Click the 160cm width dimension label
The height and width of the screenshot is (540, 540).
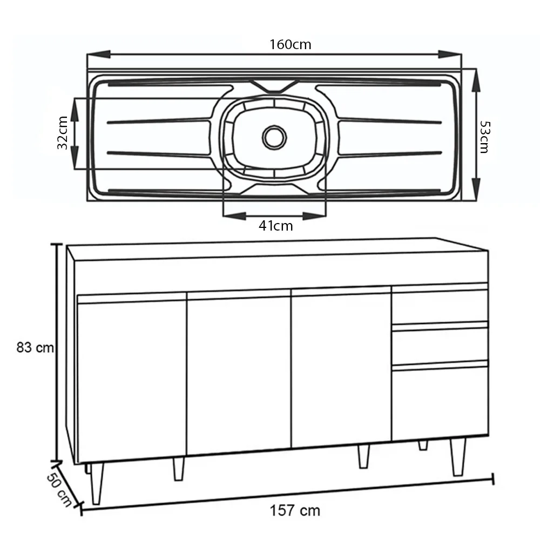pyautogui.click(x=291, y=44)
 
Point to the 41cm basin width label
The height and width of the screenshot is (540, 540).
pyautogui.click(x=275, y=226)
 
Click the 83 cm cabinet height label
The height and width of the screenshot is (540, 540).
pyautogui.click(x=35, y=348)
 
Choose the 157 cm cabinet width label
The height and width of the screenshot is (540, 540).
pyautogui.click(x=295, y=510)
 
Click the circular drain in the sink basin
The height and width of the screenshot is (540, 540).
pyautogui.click(x=274, y=137)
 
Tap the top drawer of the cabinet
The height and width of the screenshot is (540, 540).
pyautogui.click(x=440, y=306)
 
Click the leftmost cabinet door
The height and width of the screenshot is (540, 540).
pyautogui.click(x=132, y=381)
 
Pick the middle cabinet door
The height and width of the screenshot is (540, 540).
pyautogui.click(x=239, y=375)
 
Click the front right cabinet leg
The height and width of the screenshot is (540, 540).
pyautogui.click(x=458, y=457)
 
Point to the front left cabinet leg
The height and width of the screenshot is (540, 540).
pyautogui.click(x=97, y=483)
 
